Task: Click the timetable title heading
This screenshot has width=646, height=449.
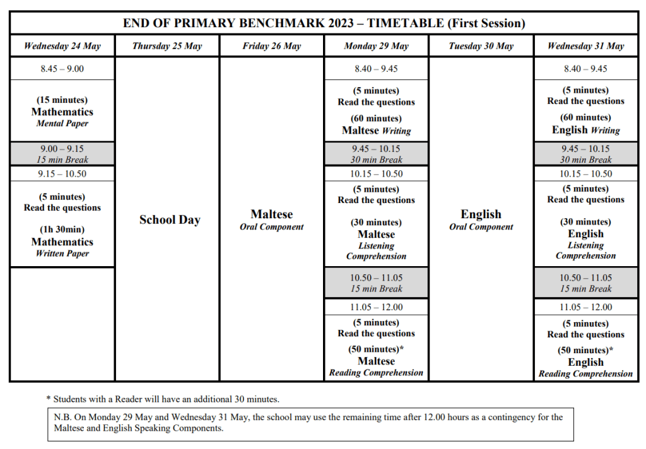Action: (324, 23)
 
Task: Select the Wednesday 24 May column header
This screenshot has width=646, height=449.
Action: (62, 46)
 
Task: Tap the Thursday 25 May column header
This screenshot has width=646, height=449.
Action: (167, 46)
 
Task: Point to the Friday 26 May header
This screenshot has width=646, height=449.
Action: (271, 46)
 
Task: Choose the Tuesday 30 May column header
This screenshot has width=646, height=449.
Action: (481, 46)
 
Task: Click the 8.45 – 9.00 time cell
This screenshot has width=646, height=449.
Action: (62, 69)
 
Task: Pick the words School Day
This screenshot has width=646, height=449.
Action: (170, 220)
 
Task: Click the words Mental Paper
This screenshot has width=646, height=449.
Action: (62, 124)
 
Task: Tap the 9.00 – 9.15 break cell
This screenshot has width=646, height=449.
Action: (62, 154)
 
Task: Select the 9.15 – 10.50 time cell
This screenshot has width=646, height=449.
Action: (62, 174)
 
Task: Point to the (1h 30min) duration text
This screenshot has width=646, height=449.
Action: (62, 230)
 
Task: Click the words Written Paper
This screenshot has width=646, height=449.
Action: (62, 254)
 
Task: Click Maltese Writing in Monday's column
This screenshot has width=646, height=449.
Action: (376, 131)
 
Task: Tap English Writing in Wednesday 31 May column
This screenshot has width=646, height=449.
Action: (585, 130)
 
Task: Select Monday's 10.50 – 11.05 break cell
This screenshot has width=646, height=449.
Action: (376, 283)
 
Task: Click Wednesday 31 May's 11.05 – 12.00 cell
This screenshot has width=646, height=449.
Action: (585, 307)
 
